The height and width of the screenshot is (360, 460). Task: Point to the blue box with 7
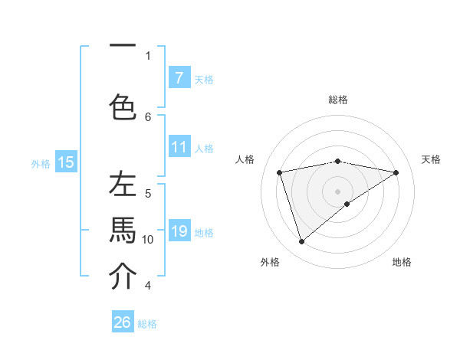coord(179,77)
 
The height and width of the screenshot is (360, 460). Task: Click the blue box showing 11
coord(179,147)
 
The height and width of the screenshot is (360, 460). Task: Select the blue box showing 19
coord(179,231)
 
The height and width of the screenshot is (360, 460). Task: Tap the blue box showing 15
coord(66,162)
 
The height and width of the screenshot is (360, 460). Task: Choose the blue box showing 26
coord(123,322)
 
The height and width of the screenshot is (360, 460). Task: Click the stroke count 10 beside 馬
coord(148,240)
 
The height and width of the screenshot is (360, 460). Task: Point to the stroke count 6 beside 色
coord(148,116)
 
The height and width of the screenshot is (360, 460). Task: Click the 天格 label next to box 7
coord(204,79)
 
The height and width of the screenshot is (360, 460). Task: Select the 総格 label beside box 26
coord(148,324)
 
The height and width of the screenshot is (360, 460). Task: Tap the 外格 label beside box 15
coord(41,163)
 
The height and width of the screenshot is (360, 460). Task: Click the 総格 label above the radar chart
coord(338,100)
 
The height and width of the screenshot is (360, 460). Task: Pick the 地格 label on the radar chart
coord(402,262)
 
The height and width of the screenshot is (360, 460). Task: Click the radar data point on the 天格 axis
coord(396,172)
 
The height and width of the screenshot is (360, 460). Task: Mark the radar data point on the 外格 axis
coord(301,242)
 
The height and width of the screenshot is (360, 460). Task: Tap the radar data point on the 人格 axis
coord(280,172)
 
